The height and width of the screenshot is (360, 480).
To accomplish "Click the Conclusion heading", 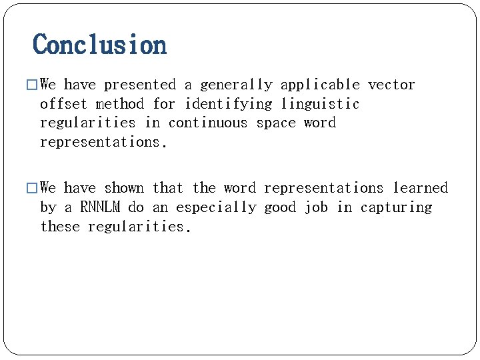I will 100,45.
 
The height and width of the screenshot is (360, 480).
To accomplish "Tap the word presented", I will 140,85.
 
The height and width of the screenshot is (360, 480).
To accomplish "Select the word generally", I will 236,85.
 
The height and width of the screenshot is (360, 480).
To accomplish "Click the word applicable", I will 320,85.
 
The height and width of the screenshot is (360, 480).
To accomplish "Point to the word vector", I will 391,85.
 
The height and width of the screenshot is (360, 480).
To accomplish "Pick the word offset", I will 64,104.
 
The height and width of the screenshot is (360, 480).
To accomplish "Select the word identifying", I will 229,104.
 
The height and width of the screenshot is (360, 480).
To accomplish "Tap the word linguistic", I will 320,104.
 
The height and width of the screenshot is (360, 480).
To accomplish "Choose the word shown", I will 124,188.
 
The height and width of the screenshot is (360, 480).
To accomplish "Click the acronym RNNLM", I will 100,207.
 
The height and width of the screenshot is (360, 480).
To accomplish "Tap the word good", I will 280,207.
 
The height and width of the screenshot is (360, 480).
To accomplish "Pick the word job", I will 316,207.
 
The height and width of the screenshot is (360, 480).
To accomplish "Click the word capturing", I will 396,207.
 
